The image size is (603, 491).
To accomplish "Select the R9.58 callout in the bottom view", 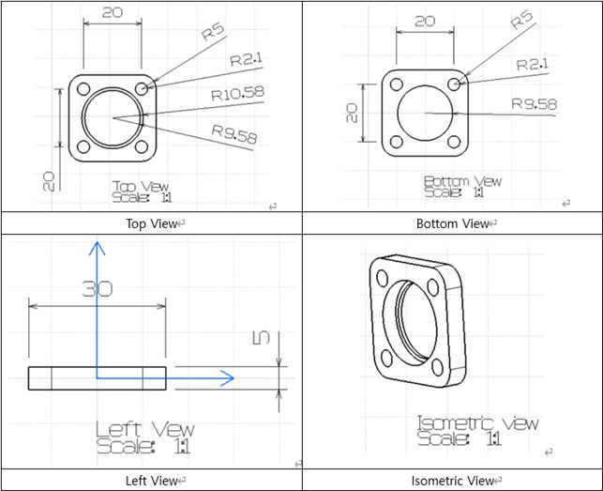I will (x=534, y=103).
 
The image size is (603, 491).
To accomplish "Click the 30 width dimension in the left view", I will (x=97, y=288).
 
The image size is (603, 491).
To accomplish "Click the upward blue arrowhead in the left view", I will (x=95, y=248).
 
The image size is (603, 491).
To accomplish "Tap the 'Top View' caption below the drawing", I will (x=151, y=223).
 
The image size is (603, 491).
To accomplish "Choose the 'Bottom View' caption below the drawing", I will (x=452, y=223).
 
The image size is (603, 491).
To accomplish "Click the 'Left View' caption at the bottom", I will (x=151, y=481).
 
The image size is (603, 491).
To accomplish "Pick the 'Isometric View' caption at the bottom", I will (x=452, y=481).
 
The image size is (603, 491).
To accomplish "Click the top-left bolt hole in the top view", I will (x=83, y=89).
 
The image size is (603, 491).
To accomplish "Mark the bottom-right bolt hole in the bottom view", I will (x=454, y=143).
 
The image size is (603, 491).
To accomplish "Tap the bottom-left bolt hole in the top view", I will (x=83, y=146).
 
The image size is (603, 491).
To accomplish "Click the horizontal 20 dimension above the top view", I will (x=112, y=12).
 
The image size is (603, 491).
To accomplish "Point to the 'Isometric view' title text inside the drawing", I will (x=477, y=423).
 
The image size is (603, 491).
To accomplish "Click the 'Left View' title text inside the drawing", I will (x=145, y=430).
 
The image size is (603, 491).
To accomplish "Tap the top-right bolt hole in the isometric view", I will (x=432, y=287).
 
